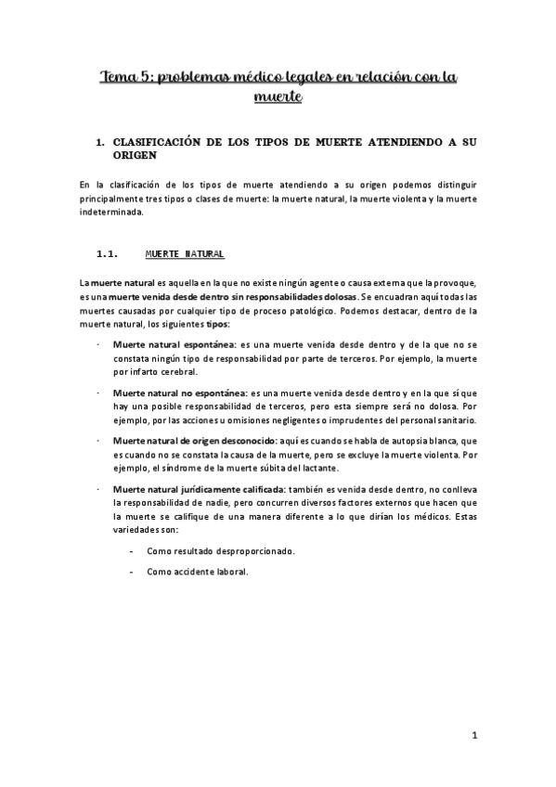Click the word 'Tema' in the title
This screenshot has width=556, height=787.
point(120,77)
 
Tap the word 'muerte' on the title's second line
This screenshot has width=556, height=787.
point(278,97)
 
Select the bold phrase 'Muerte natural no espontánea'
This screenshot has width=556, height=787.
point(172,393)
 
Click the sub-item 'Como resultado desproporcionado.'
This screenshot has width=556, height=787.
point(221,551)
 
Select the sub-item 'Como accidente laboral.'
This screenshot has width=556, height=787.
point(198,572)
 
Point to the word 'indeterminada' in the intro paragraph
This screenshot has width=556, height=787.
point(112,212)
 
